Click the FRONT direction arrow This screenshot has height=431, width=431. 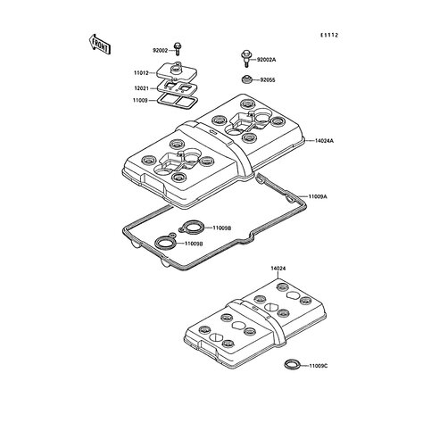point(100,45)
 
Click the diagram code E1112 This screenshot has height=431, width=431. point(329,35)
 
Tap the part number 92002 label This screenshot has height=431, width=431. point(161,51)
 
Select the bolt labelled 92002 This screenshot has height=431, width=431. point(178,49)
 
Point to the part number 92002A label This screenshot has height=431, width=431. point(266,60)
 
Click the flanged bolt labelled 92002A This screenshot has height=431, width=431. point(245,58)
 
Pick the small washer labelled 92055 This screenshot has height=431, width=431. point(246,79)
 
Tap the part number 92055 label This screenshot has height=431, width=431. point(268,80)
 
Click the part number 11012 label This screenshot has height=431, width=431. point(141,73)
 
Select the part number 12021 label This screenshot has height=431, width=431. point(142,88)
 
